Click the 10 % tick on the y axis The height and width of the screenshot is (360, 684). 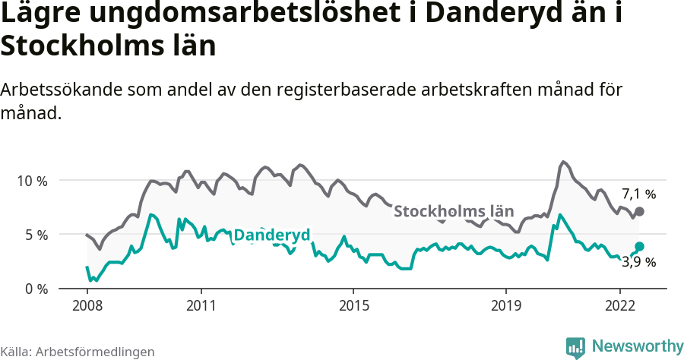tap(32, 181)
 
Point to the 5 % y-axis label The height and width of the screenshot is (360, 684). tap(36, 235)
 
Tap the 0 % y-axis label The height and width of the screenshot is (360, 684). tap(36, 289)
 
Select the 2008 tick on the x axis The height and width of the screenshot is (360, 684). tap(87, 305)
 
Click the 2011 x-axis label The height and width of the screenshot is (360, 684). tap(201, 305)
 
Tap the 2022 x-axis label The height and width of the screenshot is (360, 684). tap(619, 305)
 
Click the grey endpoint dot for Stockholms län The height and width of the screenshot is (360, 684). tap(639, 211)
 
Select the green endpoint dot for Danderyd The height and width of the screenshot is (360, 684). tap(639, 246)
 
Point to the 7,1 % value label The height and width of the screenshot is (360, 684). tap(638, 194)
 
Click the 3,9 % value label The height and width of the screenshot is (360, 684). tap(638, 263)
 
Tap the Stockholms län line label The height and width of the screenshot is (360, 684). tap(454, 211)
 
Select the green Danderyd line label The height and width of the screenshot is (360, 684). tap(271, 235)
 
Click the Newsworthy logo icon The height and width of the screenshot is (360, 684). tap(575, 347)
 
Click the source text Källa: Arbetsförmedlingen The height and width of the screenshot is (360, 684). tap(78, 352)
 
